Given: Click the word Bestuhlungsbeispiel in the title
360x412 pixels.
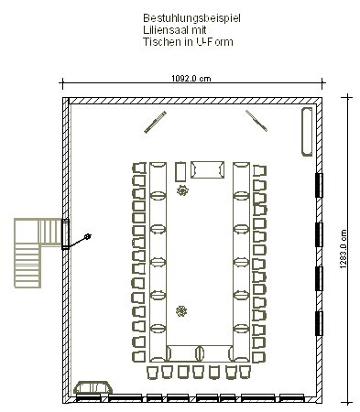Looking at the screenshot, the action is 191,18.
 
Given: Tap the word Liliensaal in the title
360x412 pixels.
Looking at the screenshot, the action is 166,30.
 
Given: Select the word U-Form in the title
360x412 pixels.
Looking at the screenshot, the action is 214,41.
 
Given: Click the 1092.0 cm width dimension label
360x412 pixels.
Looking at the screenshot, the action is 191,79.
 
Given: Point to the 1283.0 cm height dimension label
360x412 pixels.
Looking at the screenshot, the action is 344,249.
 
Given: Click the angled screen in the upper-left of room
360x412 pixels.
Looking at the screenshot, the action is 156,122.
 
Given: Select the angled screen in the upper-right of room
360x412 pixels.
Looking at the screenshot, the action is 256,121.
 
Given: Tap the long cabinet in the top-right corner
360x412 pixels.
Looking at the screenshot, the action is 307,132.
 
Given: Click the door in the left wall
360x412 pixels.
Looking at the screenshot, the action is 65,234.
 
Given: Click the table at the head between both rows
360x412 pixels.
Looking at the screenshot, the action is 208,170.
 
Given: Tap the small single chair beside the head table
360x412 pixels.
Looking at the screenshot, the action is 180,172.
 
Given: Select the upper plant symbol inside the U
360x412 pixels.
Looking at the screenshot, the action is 182,191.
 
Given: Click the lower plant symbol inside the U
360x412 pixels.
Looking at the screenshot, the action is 181,311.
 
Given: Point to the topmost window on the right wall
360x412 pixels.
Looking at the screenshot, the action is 319,185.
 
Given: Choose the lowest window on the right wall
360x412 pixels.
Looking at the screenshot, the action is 319,323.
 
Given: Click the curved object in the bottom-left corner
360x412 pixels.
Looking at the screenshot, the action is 93,387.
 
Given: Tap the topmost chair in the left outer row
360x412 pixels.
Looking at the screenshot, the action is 139,168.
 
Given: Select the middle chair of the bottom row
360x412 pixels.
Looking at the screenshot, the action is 198,373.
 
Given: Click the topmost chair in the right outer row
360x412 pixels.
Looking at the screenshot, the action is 259,171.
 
